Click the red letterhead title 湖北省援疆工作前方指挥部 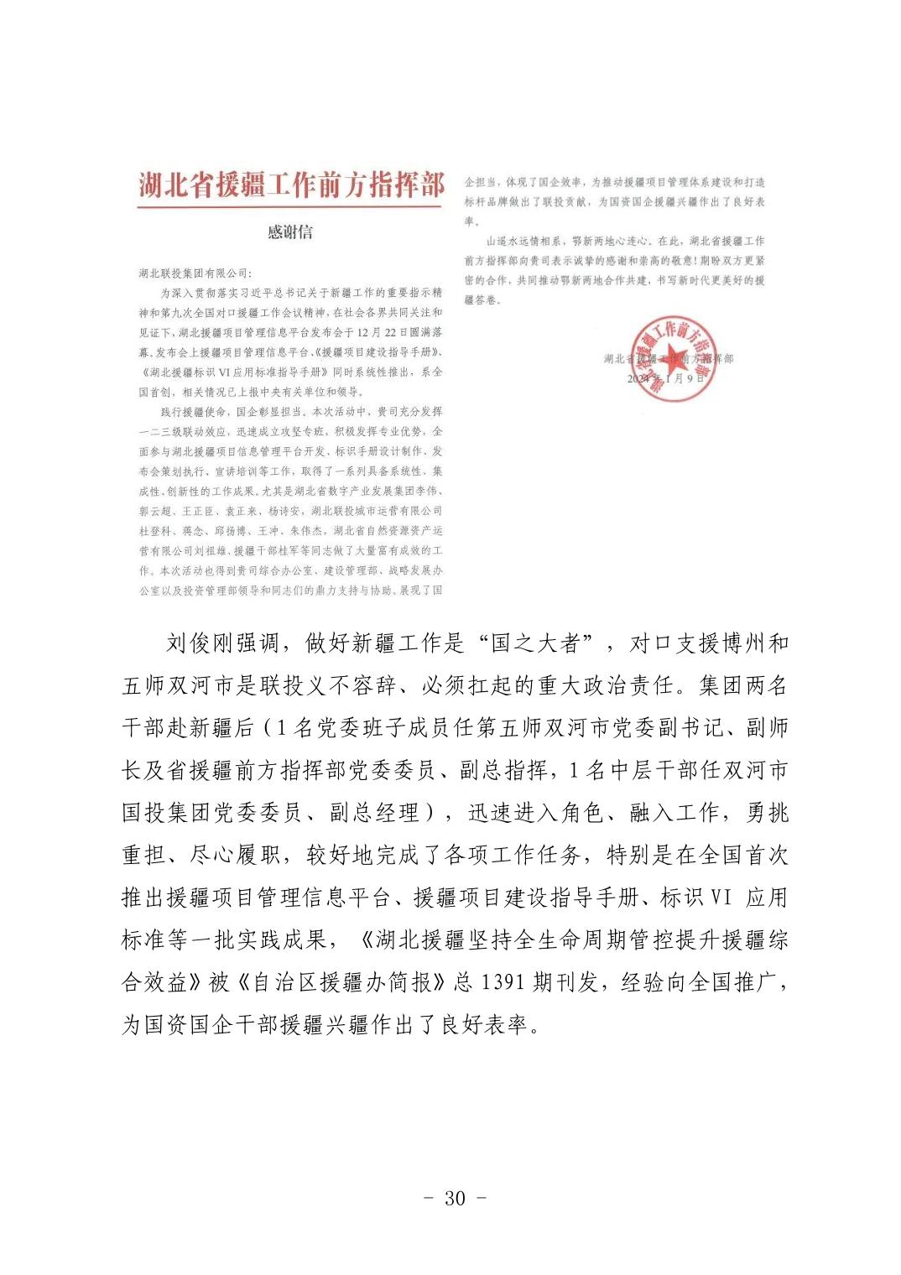pyautogui.click(x=290, y=185)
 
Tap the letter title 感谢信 pyautogui.click(x=290, y=232)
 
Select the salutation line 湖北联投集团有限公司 pyautogui.click(x=195, y=272)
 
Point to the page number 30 pyautogui.click(x=454, y=1197)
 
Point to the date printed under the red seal pyautogui.click(x=669, y=378)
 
